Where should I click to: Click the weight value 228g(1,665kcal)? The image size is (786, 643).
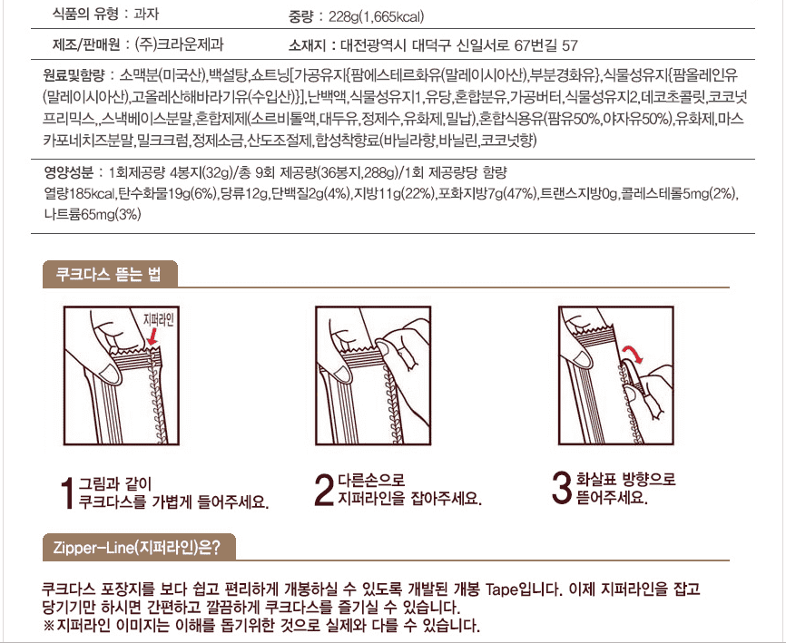376,17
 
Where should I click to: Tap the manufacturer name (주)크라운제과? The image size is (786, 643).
180,44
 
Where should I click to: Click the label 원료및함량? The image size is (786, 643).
74,75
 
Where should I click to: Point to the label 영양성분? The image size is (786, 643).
69,173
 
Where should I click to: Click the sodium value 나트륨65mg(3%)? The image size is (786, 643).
93,214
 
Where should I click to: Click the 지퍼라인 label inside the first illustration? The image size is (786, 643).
159,319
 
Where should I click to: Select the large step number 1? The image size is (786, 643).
68,492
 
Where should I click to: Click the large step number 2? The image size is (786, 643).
324,489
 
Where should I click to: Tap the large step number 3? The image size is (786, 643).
561,487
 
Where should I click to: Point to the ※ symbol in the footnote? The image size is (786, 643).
49,625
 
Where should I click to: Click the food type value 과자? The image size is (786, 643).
147,14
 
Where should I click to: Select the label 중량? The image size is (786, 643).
300,17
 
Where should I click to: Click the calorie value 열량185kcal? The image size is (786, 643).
80,194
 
